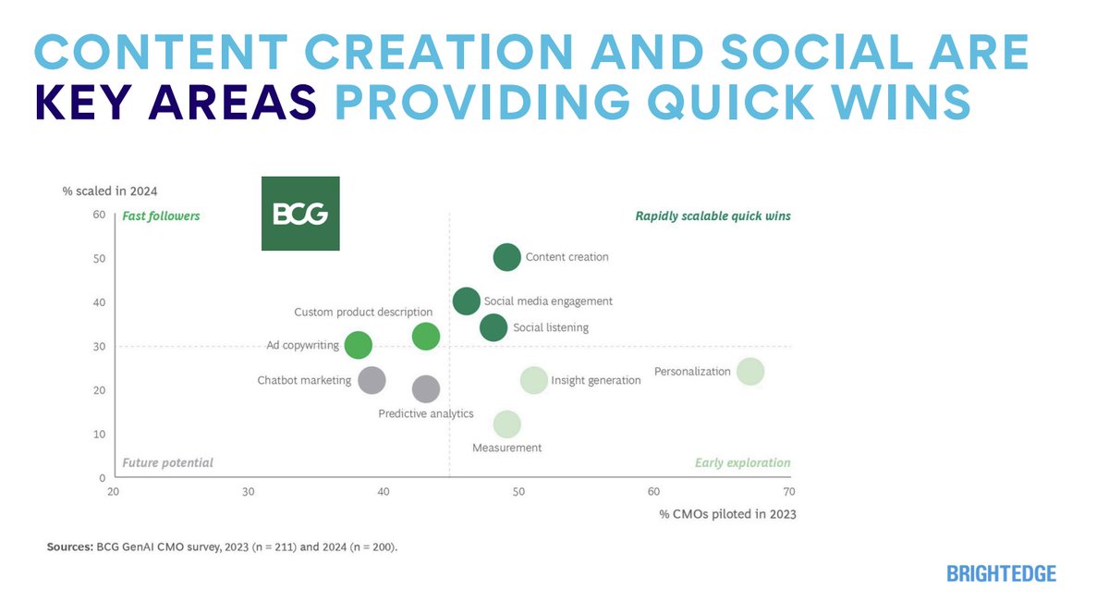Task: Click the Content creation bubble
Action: [506, 257]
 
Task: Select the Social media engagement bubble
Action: [467, 301]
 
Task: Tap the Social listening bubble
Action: [494, 327]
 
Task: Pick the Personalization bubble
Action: [749, 372]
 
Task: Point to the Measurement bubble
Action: [506, 424]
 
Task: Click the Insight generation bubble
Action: [533, 380]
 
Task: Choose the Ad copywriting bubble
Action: [358, 346]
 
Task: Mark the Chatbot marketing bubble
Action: [372, 380]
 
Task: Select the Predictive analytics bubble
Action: [425, 389]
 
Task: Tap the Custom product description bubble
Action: [425, 337]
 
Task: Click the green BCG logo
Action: [300, 214]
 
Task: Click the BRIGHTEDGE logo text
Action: [1001, 574]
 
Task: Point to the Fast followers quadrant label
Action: [161, 216]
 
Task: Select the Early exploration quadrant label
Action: [742, 462]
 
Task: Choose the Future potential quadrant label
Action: [167, 462]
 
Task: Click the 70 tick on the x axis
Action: [788, 492]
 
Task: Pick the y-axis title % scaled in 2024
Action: [109, 191]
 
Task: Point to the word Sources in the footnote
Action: [68, 547]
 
